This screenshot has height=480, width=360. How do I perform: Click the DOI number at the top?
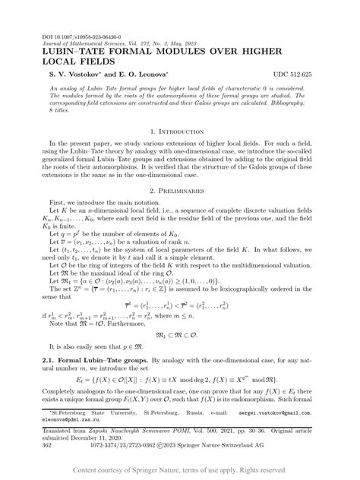coord(71,36)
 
